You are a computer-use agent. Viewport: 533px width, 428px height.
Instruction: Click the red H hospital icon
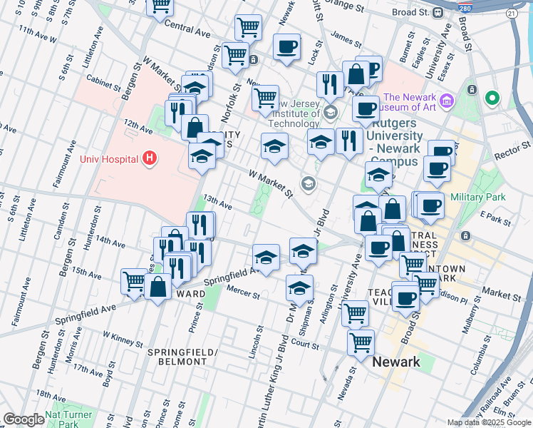point(150,158)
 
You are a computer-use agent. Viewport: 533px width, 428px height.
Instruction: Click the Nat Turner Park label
point(68,419)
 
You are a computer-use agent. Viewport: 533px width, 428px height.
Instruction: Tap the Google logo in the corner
point(24,419)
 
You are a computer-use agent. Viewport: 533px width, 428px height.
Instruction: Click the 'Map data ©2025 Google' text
point(489,422)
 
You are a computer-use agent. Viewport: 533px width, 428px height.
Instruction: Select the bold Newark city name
point(396,362)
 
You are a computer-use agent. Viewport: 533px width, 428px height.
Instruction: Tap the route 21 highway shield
point(511,14)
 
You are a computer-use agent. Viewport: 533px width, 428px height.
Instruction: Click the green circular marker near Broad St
point(491,98)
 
